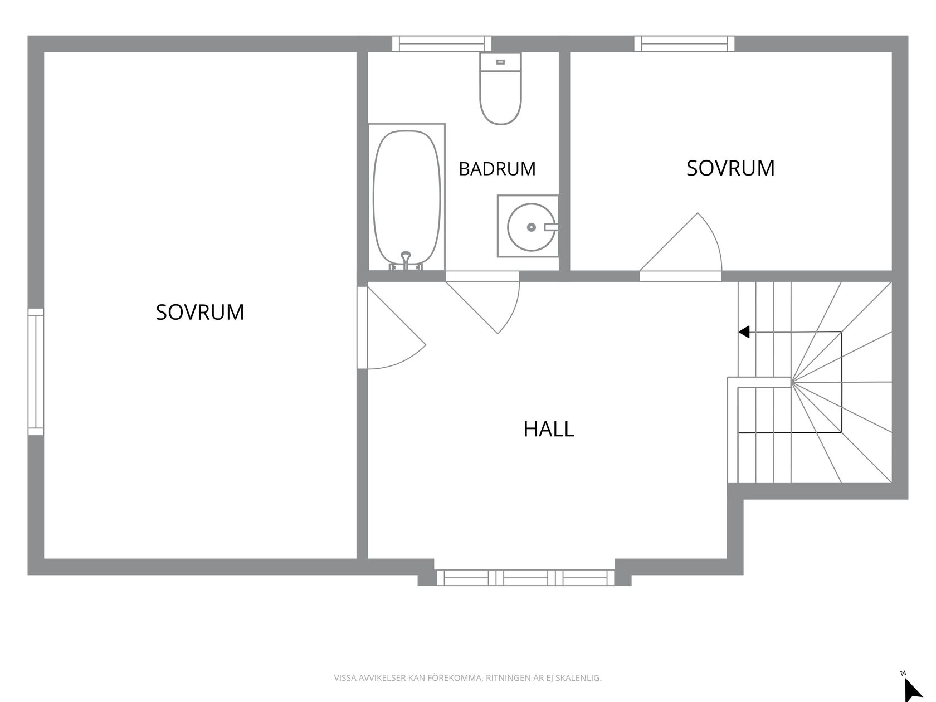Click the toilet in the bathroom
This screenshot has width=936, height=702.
point(500,89)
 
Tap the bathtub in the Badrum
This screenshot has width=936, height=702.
point(406,197)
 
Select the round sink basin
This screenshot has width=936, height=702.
point(532,227)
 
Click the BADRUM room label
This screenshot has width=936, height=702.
point(497,169)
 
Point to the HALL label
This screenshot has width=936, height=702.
point(549,429)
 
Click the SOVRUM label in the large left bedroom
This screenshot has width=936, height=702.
point(200,312)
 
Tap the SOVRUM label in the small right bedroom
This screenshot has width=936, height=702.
point(730,168)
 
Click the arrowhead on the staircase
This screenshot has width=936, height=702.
point(744,331)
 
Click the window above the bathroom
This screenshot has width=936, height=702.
point(441,43)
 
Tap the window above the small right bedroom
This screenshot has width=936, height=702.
point(684,43)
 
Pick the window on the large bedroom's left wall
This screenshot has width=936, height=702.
point(36,372)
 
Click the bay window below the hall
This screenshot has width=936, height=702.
point(525,578)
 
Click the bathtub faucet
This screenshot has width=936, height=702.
point(406,260)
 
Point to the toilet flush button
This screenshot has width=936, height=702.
point(501,62)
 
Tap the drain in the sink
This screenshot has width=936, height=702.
point(532,227)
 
